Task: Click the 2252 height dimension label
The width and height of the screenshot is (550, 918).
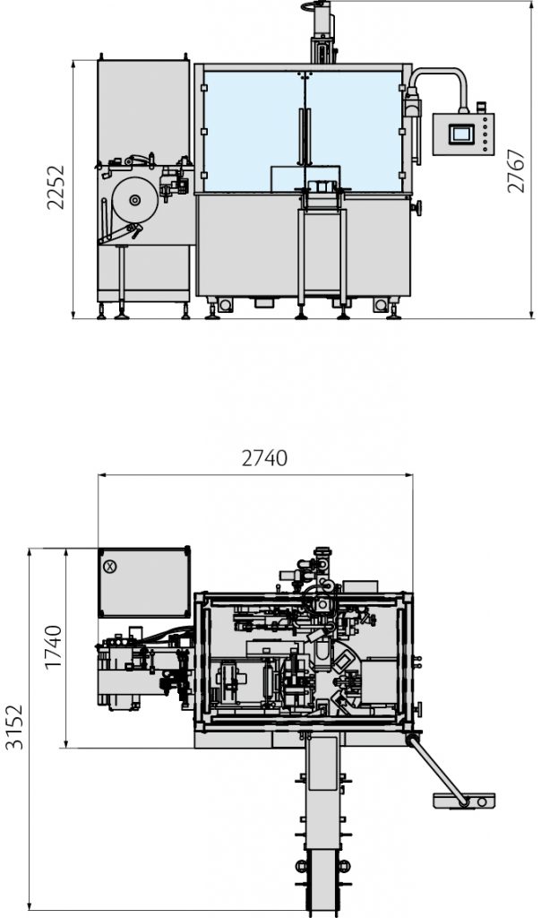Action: (x=56, y=187)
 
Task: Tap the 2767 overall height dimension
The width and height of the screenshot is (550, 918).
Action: (x=516, y=171)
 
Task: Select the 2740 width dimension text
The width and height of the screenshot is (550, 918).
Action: (x=264, y=458)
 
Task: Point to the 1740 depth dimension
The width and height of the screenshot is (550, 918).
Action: (x=53, y=647)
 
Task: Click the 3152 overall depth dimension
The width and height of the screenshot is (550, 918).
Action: (x=14, y=726)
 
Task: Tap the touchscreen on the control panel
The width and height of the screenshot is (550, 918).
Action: (x=461, y=134)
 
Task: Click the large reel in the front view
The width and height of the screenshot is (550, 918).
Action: (x=134, y=200)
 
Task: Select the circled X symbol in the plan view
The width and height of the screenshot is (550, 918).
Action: (x=109, y=567)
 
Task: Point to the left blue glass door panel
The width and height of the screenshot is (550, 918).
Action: (x=254, y=131)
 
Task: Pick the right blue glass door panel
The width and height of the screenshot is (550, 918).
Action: (x=355, y=131)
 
